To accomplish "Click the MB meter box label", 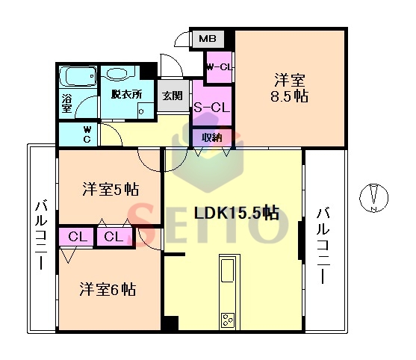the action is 208,39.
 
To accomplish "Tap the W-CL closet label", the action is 219,67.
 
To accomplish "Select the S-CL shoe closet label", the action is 211,108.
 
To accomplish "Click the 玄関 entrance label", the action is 173,96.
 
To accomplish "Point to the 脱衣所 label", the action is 126,94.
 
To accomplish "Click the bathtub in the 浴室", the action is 78,76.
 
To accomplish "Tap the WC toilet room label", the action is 87,134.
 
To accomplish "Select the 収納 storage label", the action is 212,137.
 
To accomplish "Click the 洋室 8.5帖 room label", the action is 289,88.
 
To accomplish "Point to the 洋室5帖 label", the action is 111,189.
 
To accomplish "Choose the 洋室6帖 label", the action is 108,289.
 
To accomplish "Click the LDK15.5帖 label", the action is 237,213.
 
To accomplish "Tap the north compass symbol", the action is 374,197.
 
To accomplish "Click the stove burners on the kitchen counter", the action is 228,320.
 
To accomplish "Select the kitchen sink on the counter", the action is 227,270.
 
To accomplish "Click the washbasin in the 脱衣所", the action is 114,73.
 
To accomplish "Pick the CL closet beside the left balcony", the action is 76,237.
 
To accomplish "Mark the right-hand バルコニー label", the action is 323,246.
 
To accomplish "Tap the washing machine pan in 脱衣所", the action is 146,111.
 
